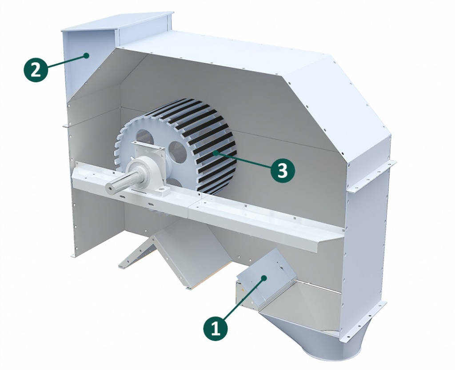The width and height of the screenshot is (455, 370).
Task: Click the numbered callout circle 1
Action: (216, 330)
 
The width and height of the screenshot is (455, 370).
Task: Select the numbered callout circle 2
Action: (36, 70)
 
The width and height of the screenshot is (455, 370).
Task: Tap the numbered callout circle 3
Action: (282, 170)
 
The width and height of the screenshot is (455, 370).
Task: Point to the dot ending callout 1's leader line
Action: (264, 278)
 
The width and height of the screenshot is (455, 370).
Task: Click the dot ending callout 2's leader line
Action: (86, 55)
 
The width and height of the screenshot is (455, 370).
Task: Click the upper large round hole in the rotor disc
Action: (142, 137)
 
